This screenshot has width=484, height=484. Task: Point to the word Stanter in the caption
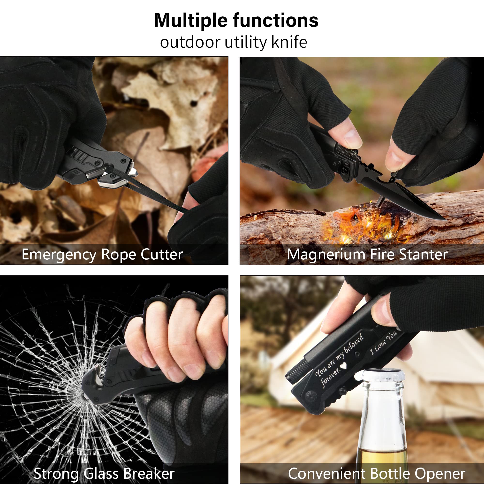tap(423, 255)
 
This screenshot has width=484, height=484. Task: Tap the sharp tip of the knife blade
tap(446, 220)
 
